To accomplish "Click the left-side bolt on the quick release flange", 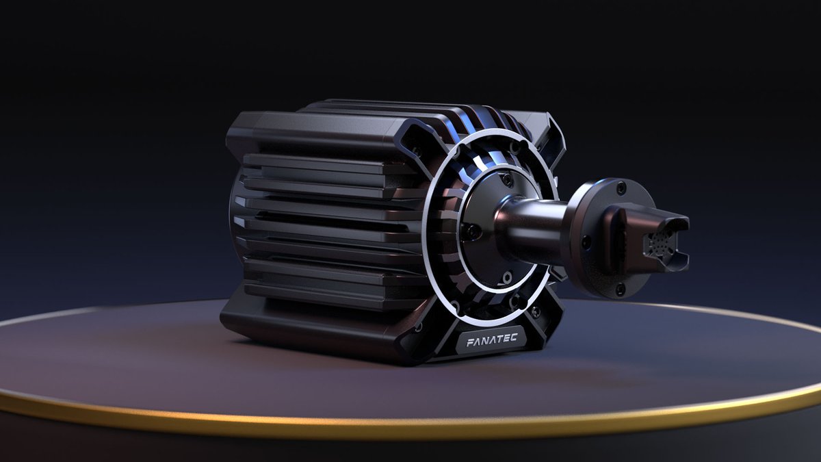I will click(586, 242).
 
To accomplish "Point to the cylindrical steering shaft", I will click(534, 229).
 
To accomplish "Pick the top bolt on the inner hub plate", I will click(506, 179).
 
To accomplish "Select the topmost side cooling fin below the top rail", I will click(322, 163).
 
